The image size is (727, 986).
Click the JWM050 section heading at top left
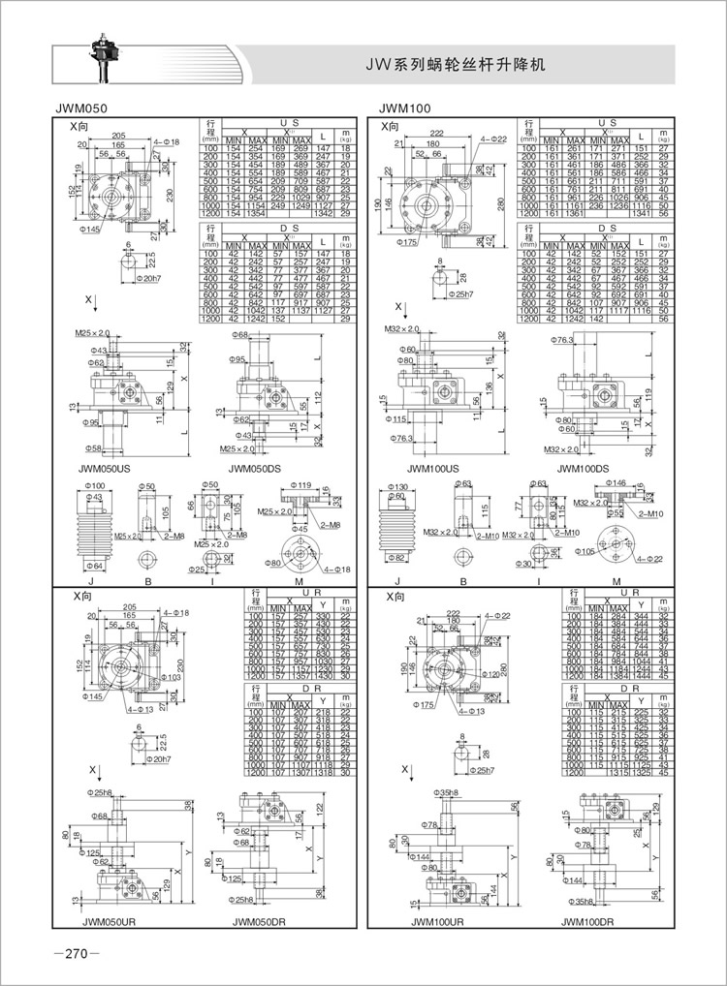coord(81,108)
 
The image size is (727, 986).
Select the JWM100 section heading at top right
coord(403,108)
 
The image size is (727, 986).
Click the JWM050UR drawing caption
coord(107,921)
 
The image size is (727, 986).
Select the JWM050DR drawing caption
coord(261,921)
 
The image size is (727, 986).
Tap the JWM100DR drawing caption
coord(587,921)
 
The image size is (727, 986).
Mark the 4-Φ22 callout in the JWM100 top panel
coord(495,140)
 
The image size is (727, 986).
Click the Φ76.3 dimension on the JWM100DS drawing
coord(566,340)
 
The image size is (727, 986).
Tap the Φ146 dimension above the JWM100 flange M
coord(616,482)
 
